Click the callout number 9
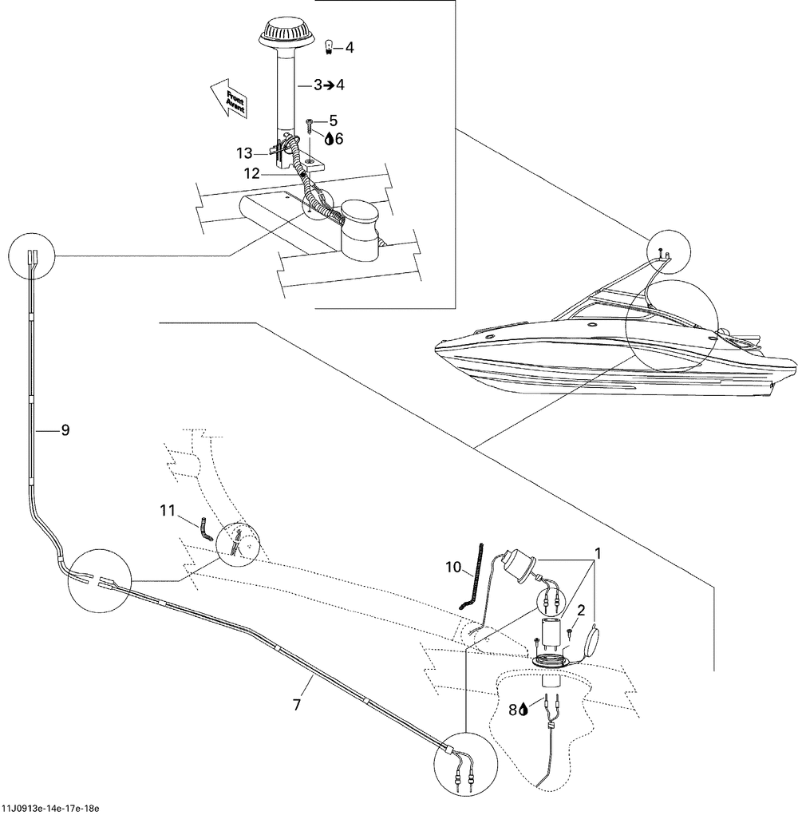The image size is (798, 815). pyautogui.click(x=65, y=430)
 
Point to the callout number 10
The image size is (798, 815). pyautogui.click(x=452, y=568)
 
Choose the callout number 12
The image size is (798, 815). pyautogui.click(x=252, y=172)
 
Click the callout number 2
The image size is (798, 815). pyautogui.click(x=582, y=611)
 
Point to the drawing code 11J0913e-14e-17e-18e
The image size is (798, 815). pyautogui.click(x=50, y=809)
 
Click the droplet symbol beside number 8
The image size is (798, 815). pyautogui.click(x=523, y=707)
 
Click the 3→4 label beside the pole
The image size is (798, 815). pyautogui.click(x=329, y=84)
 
